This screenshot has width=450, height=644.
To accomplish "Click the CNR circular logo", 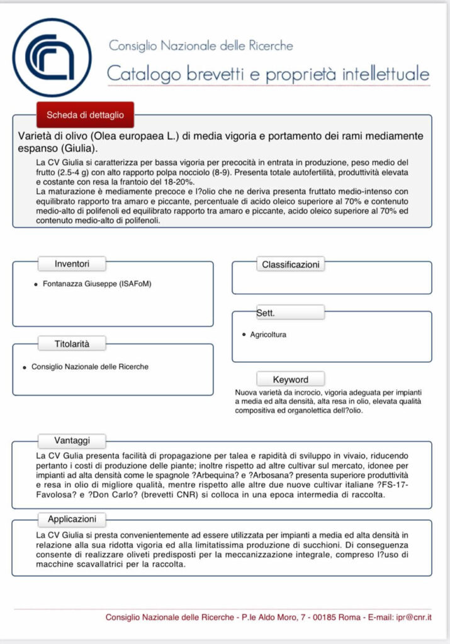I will click(x=52, y=57).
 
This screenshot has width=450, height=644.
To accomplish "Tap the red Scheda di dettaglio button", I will click(x=85, y=115).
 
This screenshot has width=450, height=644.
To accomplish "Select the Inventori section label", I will click(x=72, y=264).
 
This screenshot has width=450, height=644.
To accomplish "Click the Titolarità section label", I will click(x=72, y=343).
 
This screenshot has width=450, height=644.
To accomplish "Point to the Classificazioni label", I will click(x=291, y=265).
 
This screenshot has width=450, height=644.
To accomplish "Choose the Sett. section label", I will click(x=266, y=312).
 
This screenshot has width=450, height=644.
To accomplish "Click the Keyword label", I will click(x=290, y=379).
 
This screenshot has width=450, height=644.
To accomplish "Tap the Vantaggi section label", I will click(x=72, y=441).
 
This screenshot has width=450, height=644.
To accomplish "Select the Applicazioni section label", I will click(x=72, y=519).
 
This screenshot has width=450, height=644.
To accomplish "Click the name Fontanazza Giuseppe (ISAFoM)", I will click(x=97, y=284).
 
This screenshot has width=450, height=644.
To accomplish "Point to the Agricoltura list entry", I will click(x=268, y=335).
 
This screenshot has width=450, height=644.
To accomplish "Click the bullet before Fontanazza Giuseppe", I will click(x=35, y=285).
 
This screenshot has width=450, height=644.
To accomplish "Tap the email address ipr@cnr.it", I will click(x=423, y=618).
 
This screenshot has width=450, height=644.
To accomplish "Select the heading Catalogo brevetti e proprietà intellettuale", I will click(x=268, y=73).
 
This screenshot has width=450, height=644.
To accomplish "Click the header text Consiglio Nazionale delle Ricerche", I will click(x=201, y=46).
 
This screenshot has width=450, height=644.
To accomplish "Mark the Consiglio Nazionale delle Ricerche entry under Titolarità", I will click(x=90, y=367).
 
